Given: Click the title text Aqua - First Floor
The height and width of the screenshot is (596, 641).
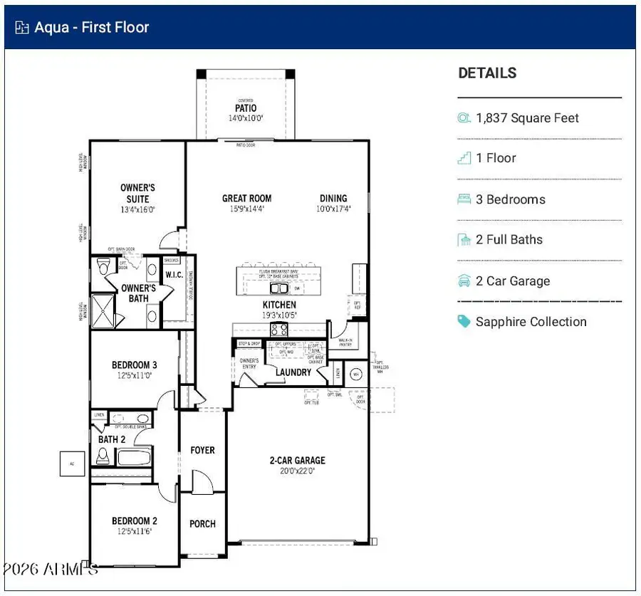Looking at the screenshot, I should click(x=92, y=28).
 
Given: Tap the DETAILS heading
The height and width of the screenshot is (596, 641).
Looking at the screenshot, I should click(x=487, y=73).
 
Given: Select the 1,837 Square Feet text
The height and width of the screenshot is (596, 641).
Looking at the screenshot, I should click(x=527, y=118).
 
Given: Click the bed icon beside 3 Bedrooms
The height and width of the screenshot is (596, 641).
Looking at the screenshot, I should click(x=464, y=199).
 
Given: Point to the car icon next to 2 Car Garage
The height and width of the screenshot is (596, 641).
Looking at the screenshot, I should click(x=464, y=281).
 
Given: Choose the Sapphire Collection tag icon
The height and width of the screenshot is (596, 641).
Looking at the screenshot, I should click(x=464, y=322).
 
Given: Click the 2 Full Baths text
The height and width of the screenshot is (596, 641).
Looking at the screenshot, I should click(x=509, y=240).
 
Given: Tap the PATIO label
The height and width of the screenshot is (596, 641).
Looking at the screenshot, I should click(x=246, y=109).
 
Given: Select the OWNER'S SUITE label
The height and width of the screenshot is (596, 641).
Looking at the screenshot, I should click(x=137, y=193).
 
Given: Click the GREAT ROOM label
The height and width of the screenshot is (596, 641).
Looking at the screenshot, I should click(x=246, y=199).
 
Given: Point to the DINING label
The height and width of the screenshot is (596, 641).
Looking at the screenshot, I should click(x=333, y=199).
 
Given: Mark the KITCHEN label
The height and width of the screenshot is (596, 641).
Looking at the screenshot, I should click(x=278, y=305).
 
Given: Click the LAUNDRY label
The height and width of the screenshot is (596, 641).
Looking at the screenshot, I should click(x=293, y=372).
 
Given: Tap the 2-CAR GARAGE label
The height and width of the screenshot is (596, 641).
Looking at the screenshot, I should click(x=297, y=461).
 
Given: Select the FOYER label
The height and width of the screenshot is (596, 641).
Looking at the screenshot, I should click(x=202, y=451).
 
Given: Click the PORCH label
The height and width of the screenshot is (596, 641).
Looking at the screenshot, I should click(x=202, y=524).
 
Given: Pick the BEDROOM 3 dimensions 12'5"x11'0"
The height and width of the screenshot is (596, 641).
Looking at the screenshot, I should click(x=135, y=375).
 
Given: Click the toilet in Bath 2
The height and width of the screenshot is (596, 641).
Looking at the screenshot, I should click(x=103, y=456).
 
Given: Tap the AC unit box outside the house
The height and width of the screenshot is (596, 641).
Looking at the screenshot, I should click(x=71, y=463).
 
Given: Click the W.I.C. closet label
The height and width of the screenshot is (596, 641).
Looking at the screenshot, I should click(x=174, y=275).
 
